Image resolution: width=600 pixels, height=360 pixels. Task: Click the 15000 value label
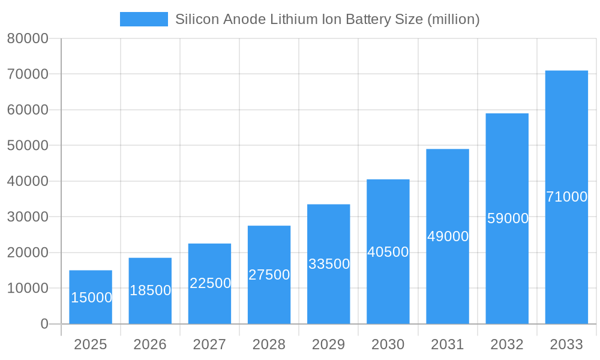91,298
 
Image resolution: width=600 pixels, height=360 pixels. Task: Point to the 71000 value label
566,197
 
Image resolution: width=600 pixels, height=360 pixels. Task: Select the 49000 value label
448,236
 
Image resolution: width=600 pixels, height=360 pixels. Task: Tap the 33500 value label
329,264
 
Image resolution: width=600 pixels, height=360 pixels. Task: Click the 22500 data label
210,283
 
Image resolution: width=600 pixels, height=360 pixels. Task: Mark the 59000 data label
508,218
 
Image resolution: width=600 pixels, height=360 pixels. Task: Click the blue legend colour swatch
144,19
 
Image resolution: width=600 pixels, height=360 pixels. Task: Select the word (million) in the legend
453,19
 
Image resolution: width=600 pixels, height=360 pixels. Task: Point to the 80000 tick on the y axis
28,39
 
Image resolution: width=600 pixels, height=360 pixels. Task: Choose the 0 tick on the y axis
44,324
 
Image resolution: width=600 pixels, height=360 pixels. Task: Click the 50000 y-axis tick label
28,146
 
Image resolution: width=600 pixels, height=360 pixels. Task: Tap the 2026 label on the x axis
150,344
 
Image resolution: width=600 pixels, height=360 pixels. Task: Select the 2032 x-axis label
507,344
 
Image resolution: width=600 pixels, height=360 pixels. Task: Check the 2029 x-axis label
329,344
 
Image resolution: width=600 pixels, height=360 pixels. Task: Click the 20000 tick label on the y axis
28,253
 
